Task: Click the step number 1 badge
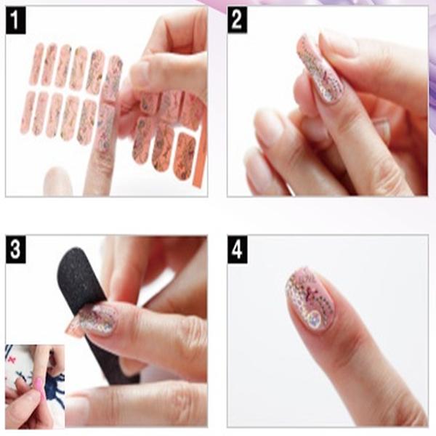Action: click(x=15, y=20)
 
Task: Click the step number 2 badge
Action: click(x=237, y=20)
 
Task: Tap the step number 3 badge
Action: click(x=15, y=249)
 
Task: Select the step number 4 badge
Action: click(x=237, y=249)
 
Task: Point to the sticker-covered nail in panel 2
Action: click(x=321, y=68)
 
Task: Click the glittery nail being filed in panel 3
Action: click(x=97, y=320)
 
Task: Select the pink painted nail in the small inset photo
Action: click(x=39, y=384)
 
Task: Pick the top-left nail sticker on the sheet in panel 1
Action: click(x=37, y=64)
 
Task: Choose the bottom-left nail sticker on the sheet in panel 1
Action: click(x=28, y=113)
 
